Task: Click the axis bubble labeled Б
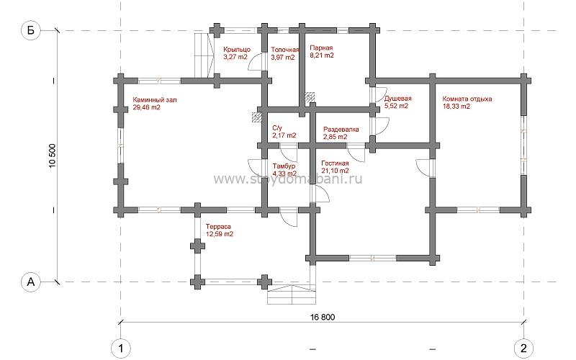(30, 30)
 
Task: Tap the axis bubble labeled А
(30, 282)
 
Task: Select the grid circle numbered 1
(120, 348)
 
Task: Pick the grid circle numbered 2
(524, 348)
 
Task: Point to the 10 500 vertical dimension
(52, 156)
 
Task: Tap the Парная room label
(321, 48)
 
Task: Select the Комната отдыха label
(467, 99)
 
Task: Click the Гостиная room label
(335, 163)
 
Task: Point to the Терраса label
(218, 227)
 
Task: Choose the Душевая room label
(398, 99)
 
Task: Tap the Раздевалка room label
(341, 130)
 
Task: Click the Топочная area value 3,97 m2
(283, 58)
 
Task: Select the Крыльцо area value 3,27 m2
(235, 57)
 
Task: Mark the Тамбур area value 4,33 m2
(284, 174)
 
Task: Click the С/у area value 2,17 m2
(284, 135)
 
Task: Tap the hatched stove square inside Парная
(310, 96)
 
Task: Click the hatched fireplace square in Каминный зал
(257, 117)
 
